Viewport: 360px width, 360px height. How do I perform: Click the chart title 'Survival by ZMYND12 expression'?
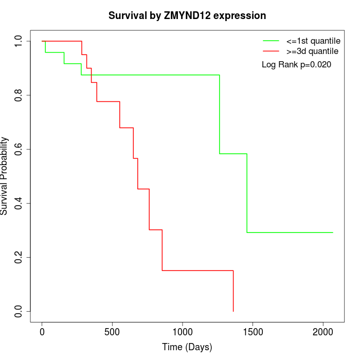coord(187,16)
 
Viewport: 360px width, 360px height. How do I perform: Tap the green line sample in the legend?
coord(271,41)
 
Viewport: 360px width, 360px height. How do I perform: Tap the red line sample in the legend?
coord(271,51)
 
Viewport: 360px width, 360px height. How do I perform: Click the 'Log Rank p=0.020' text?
coord(296,65)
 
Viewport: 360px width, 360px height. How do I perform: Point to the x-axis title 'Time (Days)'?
coord(187,348)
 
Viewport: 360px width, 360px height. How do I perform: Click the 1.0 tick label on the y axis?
coord(19,41)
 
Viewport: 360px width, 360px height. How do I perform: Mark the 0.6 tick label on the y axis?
coord(19,149)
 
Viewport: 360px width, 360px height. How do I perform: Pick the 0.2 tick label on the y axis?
coord(19,257)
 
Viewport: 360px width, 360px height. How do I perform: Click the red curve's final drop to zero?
coord(233,291)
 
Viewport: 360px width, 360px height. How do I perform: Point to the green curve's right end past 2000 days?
coord(332,232)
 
